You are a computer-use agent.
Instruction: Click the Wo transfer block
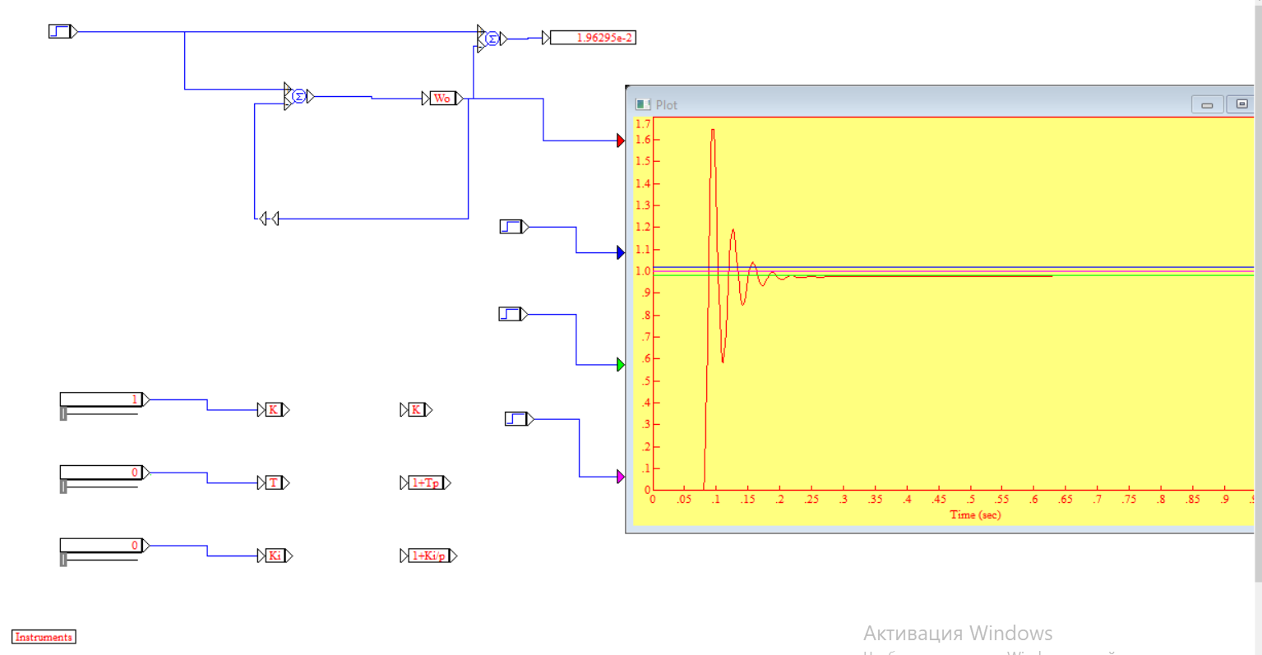coord(442,99)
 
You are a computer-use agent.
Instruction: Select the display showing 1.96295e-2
coord(592,38)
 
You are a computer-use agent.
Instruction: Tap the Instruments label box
coord(44,637)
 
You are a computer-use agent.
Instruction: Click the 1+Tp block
coord(425,482)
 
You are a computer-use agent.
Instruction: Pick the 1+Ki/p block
coord(428,556)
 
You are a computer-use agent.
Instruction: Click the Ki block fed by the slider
coord(275,556)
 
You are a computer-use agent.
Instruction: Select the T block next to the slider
coord(274,482)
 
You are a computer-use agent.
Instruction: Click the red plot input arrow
coord(621,141)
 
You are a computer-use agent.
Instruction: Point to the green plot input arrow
coord(621,364)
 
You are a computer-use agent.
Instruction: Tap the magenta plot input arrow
coord(621,477)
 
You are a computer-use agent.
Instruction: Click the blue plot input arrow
coord(621,252)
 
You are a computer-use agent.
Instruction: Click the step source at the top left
coord(60,32)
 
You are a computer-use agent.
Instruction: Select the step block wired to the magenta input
coord(516,419)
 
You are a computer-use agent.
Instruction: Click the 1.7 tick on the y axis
coord(643,124)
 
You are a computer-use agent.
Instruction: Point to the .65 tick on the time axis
coord(1066,500)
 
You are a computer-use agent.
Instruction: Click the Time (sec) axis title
coord(975,515)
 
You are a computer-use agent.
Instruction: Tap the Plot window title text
coord(667,105)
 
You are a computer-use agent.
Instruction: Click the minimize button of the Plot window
coord(1207,104)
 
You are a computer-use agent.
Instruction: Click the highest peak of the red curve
coord(713,130)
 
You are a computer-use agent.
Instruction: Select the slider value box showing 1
coord(101,400)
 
